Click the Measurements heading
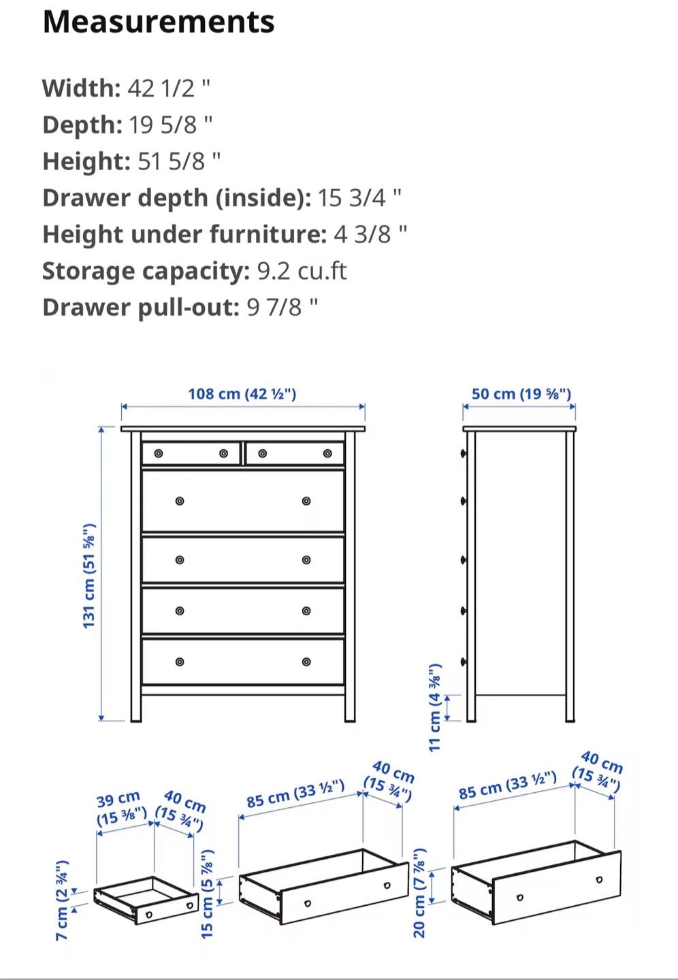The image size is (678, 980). [x=159, y=22]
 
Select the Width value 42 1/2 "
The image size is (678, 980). [x=169, y=88]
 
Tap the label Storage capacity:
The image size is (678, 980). [x=146, y=272]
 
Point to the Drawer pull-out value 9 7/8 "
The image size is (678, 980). [x=282, y=307]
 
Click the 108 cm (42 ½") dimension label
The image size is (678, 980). [x=242, y=394]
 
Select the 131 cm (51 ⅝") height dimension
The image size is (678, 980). [x=89, y=576]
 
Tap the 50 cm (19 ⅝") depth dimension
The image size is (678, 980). [x=521, y=394]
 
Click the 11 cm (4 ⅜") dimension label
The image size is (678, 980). [x=434, y=708]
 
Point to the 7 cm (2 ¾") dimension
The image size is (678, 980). [x=62, y=900]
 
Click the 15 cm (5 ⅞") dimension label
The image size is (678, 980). [x=207, y=894]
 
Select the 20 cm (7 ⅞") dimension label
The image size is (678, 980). [x=419, y=893]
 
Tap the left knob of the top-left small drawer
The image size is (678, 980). [x=159, y=454]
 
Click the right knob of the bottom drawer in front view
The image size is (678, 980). [x=306, y=662]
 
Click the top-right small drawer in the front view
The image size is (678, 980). [x=295, y=454]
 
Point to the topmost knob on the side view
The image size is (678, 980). [x=464, y=454]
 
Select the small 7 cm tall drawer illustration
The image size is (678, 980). [x=146, y=900]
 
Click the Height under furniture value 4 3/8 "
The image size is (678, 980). [x=370, y=234]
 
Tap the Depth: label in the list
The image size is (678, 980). [x=82, y=125]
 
